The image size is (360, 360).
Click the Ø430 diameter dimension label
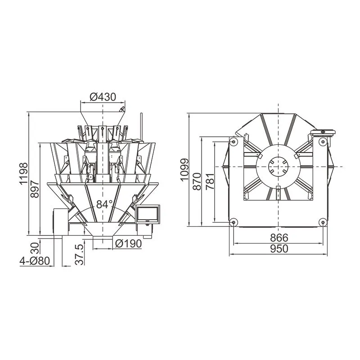tap(103, 97)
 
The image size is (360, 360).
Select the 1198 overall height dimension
tap(23, 174)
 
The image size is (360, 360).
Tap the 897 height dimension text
tap(35, 189)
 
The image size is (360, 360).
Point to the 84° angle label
tap(104, 204)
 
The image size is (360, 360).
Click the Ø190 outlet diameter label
tap(128, 243)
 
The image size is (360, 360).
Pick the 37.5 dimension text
tap(80, 255)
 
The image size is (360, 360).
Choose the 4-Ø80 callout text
tap(35, 261)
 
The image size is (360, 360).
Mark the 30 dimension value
tap(35, 248)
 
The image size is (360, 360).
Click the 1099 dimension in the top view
tap(184, 170)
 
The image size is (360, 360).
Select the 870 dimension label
tap(197, 181)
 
